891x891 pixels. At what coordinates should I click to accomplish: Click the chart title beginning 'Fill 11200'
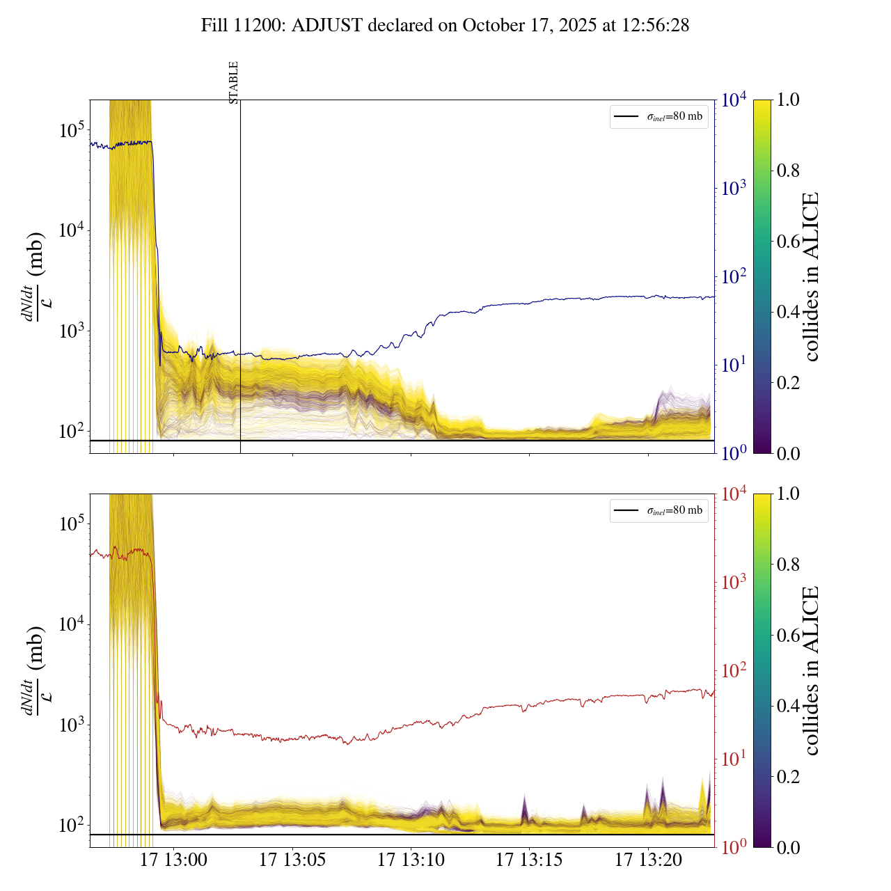(445, 26)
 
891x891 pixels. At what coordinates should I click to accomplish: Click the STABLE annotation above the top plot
(234, 82)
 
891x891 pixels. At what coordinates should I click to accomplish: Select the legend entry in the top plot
(659, 116)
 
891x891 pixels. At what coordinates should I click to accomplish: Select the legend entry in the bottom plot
(659, 510)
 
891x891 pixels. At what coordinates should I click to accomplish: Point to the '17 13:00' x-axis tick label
(174, 860)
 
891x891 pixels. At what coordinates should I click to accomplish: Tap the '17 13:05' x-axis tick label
(292, 860)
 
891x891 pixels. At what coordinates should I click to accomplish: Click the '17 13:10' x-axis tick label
(411, 860)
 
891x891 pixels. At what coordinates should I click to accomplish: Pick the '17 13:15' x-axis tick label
(529, 860)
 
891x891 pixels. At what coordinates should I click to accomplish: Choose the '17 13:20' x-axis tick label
(648, 860)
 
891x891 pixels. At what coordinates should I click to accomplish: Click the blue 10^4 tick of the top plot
(734, 100)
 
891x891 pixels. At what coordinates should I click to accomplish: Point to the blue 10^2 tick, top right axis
(734, 276)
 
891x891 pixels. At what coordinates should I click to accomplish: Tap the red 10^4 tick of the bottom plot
(734, 494)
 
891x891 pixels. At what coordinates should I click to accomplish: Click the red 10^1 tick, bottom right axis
(734, 758)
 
